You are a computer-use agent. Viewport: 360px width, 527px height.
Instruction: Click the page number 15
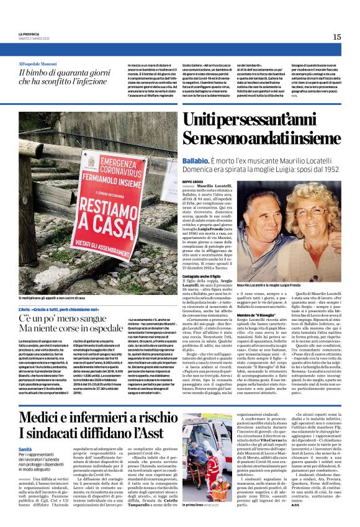336,37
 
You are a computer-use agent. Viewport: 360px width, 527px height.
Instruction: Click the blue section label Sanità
25,448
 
